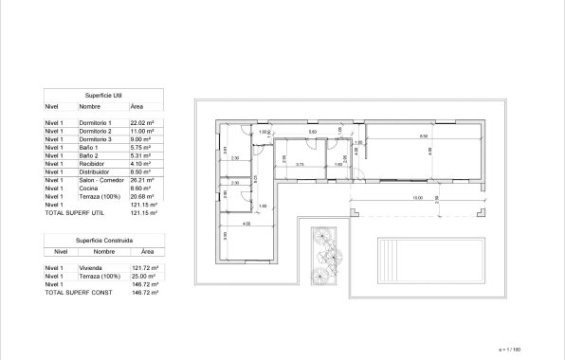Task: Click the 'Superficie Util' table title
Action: click(103, 96)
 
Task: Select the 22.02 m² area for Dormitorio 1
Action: click(142, 123)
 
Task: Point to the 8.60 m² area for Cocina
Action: click(140, 188)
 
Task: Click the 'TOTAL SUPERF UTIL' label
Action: click(74, 213)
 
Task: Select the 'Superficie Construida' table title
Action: click(104, 242)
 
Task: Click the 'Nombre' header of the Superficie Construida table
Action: click(104, 253)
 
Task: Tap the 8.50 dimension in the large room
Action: click(423, 137)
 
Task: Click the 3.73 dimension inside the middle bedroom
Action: click(300, 165)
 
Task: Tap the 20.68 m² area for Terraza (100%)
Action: click(142, 196)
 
